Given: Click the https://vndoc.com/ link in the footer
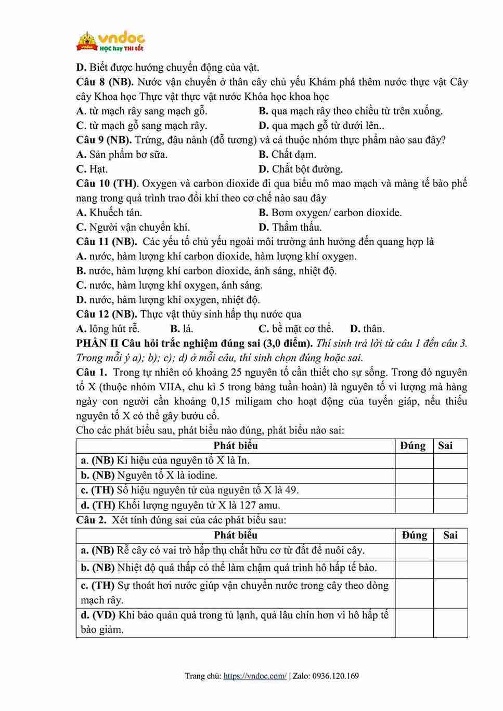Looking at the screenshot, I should click(x=255, y=676).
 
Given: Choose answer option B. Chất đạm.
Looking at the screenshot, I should click(x=287, y=154).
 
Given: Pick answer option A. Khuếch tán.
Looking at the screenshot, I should click(x=109, y=213).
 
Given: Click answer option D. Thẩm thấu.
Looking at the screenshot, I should click(x=290, y=227).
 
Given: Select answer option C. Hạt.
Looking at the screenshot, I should click(x=92, y=169).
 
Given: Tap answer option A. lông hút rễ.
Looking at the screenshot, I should click(x=108, y=329).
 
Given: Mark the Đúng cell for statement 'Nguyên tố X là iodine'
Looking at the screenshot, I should click(x=414, y=476).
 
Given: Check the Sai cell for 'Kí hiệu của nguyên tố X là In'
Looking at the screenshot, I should click(x=450, y=460).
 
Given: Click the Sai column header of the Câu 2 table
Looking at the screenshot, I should click(x=450, y=535).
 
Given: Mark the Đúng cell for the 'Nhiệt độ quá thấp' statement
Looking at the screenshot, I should click(x=414, y=569).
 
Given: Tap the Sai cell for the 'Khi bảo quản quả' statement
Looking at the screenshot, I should click(x=450, y=623).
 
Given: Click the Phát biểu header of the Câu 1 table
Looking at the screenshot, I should click(x=236, y=446).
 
